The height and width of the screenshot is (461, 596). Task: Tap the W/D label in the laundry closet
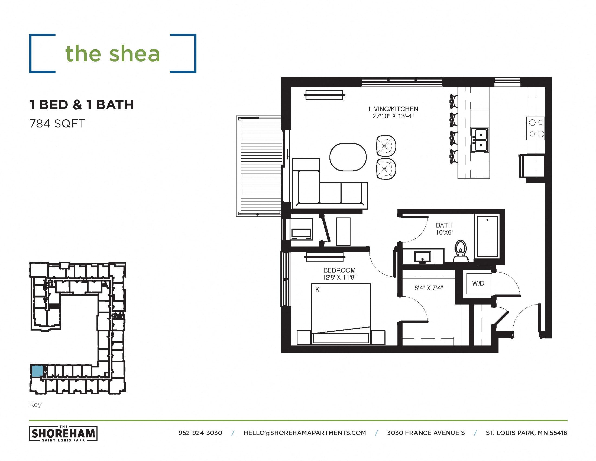(478, 283)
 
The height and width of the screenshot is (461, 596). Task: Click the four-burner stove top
(536, 128)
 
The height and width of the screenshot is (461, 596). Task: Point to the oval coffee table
(348, 157)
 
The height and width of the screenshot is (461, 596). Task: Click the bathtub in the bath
(487, 236)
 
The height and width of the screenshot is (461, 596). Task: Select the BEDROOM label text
(339, 270)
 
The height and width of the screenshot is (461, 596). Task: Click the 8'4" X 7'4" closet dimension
(429, 288)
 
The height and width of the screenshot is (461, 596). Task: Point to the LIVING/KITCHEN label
(393, 109)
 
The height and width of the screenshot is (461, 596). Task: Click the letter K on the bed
(318, 290)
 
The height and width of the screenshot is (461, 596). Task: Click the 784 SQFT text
(57, 124)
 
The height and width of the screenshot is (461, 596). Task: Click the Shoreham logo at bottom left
(63, 433)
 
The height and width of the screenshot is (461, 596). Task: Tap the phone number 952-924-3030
(200, 433)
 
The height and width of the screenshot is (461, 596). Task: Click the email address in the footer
(305, 433)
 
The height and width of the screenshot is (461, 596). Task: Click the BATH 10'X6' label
(444, 229)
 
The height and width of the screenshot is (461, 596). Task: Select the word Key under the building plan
(35, 405)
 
